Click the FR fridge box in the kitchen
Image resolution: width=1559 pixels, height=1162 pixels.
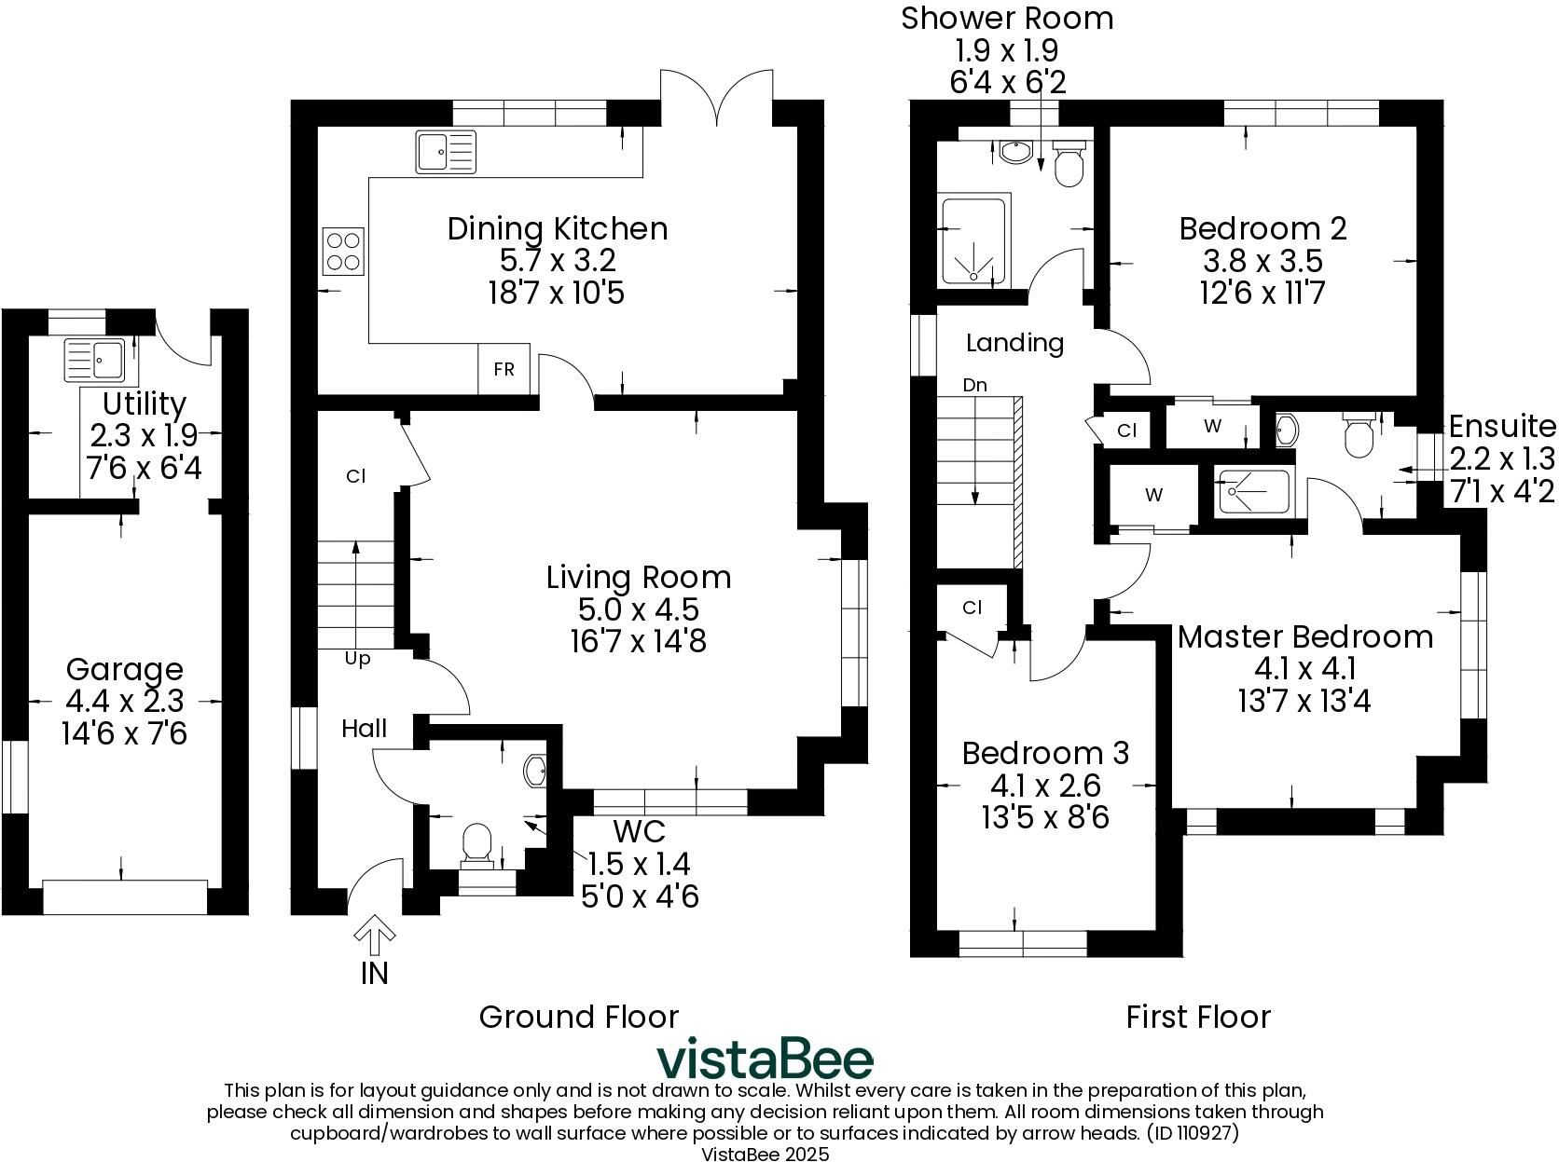(x=504, y=369)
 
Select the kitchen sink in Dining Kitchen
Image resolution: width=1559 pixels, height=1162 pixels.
(x=445, y=151)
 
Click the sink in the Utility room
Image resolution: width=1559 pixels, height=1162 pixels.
(x=94, y=360)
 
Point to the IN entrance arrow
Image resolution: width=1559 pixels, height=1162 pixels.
(x=374, y=936)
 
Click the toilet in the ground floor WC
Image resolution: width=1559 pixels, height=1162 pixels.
(x=477, y=841)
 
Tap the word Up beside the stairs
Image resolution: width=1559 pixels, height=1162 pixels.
(x=357, y=659)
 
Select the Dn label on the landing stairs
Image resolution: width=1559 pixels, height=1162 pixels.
(x=974, y=385)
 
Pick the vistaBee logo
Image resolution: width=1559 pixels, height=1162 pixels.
(x=765, y=1059)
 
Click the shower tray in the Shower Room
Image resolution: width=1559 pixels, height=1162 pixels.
(x=974, y=240)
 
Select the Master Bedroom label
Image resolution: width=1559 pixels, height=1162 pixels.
(x=1304, y=637)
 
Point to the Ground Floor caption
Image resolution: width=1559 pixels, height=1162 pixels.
(x=578, y=1016)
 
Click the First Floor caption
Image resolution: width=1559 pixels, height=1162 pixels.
(x=1197, y=1016)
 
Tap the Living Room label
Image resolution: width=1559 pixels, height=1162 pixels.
(x=638, y=577)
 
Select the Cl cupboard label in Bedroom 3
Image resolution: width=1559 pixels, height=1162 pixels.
(x=972, y=608)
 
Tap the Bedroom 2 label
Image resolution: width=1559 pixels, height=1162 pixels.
(x=1262, y=228)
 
